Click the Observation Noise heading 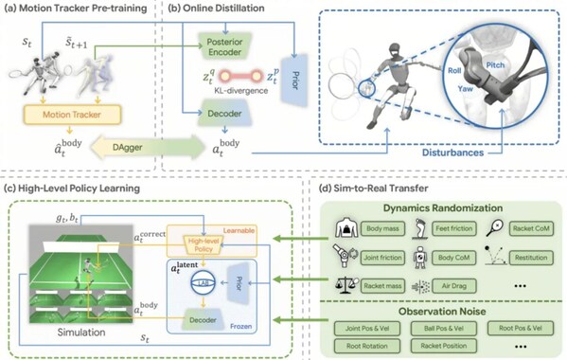(442, 309)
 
